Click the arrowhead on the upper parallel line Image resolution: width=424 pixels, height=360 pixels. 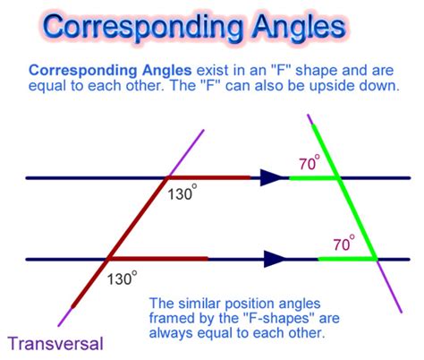click(x=270, y=178)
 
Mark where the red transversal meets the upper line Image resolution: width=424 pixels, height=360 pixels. click(x=165, y=178)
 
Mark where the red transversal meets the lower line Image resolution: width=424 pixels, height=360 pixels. click(x=107, y=260)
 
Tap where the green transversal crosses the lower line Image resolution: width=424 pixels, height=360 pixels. click(x=377, y=260)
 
